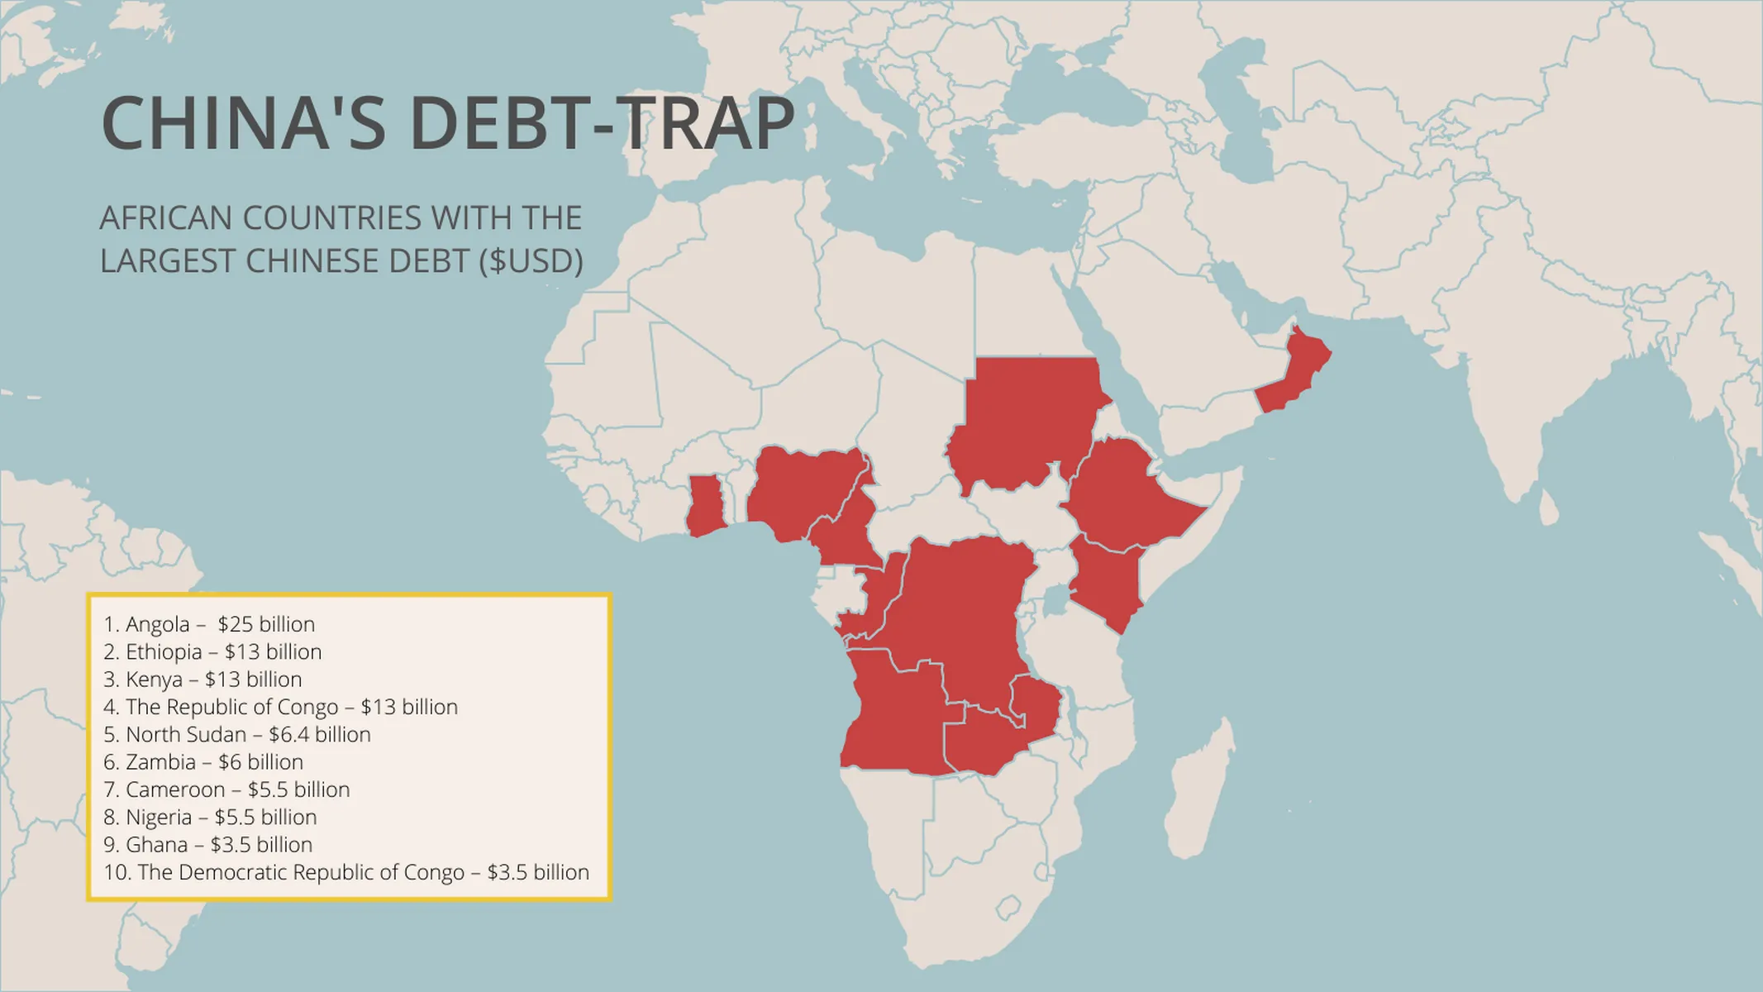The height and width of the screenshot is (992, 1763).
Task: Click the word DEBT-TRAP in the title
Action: tap(602, 124)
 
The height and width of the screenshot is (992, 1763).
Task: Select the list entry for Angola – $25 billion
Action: tap(209, 624)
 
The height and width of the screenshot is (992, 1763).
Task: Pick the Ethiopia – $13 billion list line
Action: tap(212, 651)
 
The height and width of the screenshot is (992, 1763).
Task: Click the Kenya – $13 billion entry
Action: tap(203, 680)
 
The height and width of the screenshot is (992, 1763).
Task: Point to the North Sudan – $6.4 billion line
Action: tap(237, 734)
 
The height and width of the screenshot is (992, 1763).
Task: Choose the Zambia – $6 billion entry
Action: tap(203, 762)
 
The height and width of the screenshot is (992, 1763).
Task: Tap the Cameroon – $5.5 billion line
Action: tap(226, 789)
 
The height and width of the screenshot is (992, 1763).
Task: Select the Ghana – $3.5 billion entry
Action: tap(208, 845)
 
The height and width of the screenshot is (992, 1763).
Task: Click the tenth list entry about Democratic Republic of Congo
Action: tap(346, 872)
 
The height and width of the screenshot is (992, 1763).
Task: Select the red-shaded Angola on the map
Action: tap(893, 719)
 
